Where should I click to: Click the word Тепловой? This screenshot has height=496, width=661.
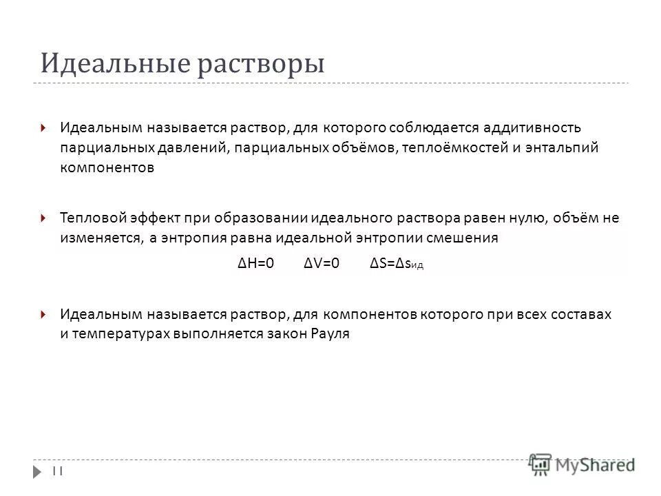tap(93, 218)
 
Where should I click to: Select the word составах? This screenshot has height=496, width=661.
tap(580, 314)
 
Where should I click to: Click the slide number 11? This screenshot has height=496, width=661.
tap(58, 470)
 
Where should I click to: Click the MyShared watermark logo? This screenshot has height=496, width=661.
tap(582, 464)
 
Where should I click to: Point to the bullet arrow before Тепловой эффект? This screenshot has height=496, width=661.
tap(43, 218)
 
